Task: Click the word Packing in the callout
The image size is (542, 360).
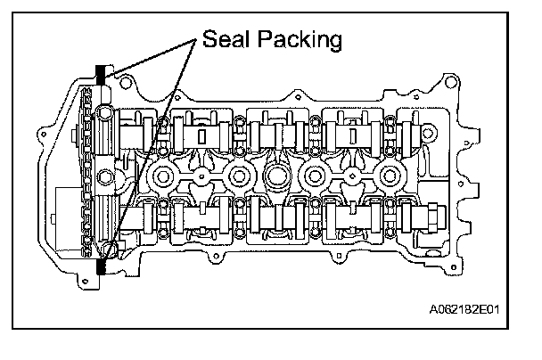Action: click(300, 40)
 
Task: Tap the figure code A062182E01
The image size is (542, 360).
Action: click(464, 309)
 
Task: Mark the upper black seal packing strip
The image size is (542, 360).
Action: click(100, 75)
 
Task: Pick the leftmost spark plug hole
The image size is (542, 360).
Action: click(162, 176)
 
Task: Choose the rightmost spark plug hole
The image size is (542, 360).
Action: click(390, 176)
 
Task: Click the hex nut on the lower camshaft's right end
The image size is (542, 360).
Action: click(432, 218)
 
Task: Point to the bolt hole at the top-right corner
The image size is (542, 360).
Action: click(451, 82)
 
